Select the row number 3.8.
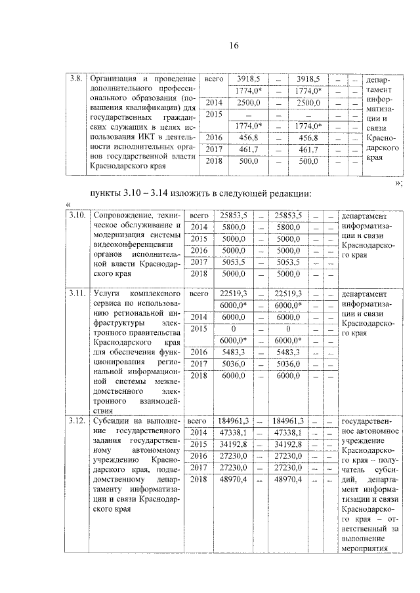point(76,79)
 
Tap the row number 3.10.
point(78,215)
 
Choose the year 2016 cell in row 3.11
point(198,352)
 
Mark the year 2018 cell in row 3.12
point(198,480)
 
